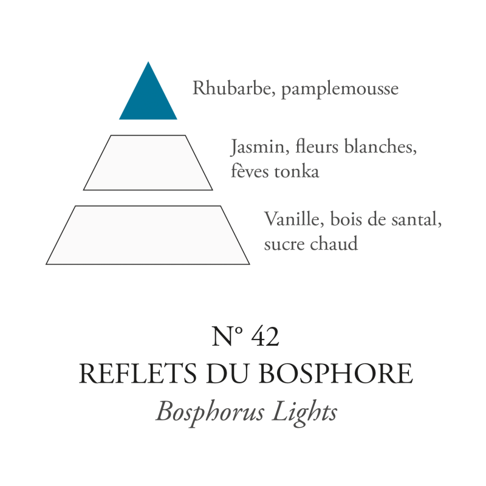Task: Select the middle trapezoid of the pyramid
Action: (148, 163)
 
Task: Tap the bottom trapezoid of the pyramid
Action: (148, 235)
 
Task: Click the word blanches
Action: (381, 146)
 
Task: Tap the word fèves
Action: (250, 171)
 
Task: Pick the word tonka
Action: (296, 171)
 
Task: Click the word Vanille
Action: (294, 219)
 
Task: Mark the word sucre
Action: (284, 244)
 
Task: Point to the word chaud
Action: (334, 244)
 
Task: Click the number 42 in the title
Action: (265, 337)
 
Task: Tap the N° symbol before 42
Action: (227, 337)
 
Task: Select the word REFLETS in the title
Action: (138, 374)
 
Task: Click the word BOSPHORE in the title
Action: (336, 374)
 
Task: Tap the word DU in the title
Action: (227, 374)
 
